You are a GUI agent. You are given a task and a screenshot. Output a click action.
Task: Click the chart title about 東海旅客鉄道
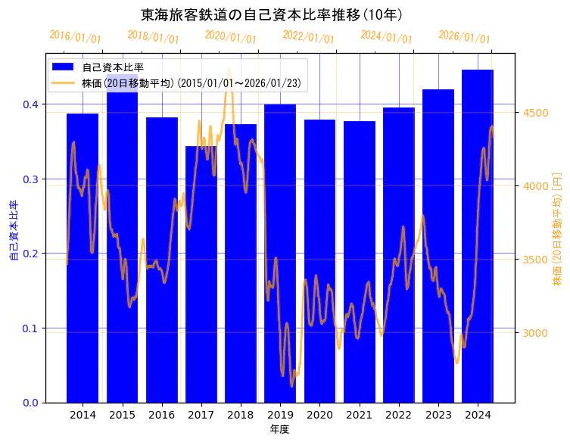pos(272,14)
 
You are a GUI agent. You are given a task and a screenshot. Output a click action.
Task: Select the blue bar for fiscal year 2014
pos(83,257)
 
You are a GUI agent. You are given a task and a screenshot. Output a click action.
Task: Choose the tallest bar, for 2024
pos(478,235)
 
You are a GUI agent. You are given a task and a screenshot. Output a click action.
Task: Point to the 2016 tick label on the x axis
pos(161,415)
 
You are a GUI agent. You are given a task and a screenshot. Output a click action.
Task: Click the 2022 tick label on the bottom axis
pos(398,415)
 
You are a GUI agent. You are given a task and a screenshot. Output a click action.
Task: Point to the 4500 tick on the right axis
pos(536,113)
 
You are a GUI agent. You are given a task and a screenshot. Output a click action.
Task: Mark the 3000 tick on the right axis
pos(536,333)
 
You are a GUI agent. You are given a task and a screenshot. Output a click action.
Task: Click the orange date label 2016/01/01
pos(75,37)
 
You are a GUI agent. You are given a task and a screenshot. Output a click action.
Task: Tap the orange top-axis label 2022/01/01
pos(308,37)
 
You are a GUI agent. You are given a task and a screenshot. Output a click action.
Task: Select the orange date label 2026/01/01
pos(464,37)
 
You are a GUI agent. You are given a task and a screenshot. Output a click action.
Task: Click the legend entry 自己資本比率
pos(114,67)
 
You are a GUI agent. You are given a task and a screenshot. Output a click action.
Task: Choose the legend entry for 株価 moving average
pos(189,82)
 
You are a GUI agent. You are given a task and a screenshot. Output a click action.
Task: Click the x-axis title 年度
pos(279,429)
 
